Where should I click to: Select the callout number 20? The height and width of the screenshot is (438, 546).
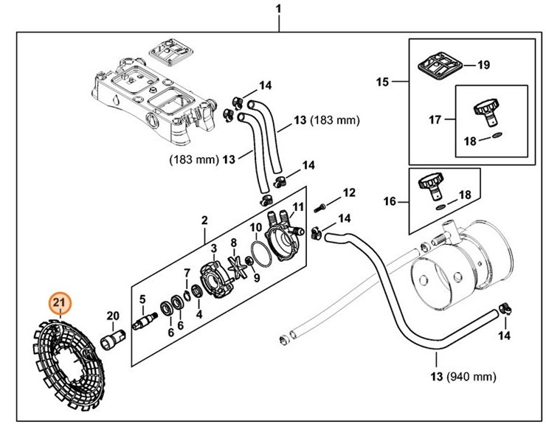click(112, 316)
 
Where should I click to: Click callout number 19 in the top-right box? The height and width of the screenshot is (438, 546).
click(483, 65)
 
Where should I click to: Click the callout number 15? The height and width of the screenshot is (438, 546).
click(382, 82)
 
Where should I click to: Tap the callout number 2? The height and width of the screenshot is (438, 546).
click(204, 220)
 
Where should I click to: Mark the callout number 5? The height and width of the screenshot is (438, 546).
click(143, 299)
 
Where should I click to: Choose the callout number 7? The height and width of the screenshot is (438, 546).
click(187, 273)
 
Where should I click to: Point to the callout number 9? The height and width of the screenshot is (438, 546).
click(256, 279)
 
